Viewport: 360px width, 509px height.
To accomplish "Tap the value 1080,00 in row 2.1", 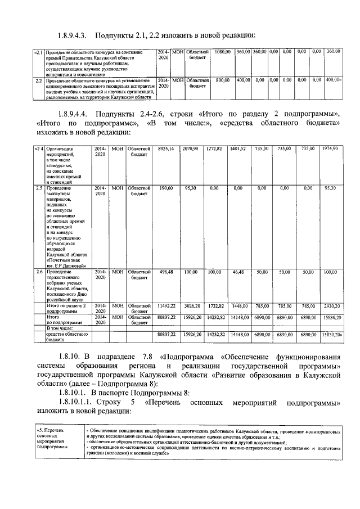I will coord(223,52).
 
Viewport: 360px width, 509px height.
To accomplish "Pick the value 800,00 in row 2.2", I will coord(223,80).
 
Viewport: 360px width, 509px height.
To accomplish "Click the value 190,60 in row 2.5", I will coord(167,188).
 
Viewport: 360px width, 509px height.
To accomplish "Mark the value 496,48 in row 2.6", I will coord(167,272).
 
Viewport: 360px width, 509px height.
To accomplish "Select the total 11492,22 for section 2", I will coord(167,306).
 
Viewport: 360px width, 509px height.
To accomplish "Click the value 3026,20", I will coord(191,306).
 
